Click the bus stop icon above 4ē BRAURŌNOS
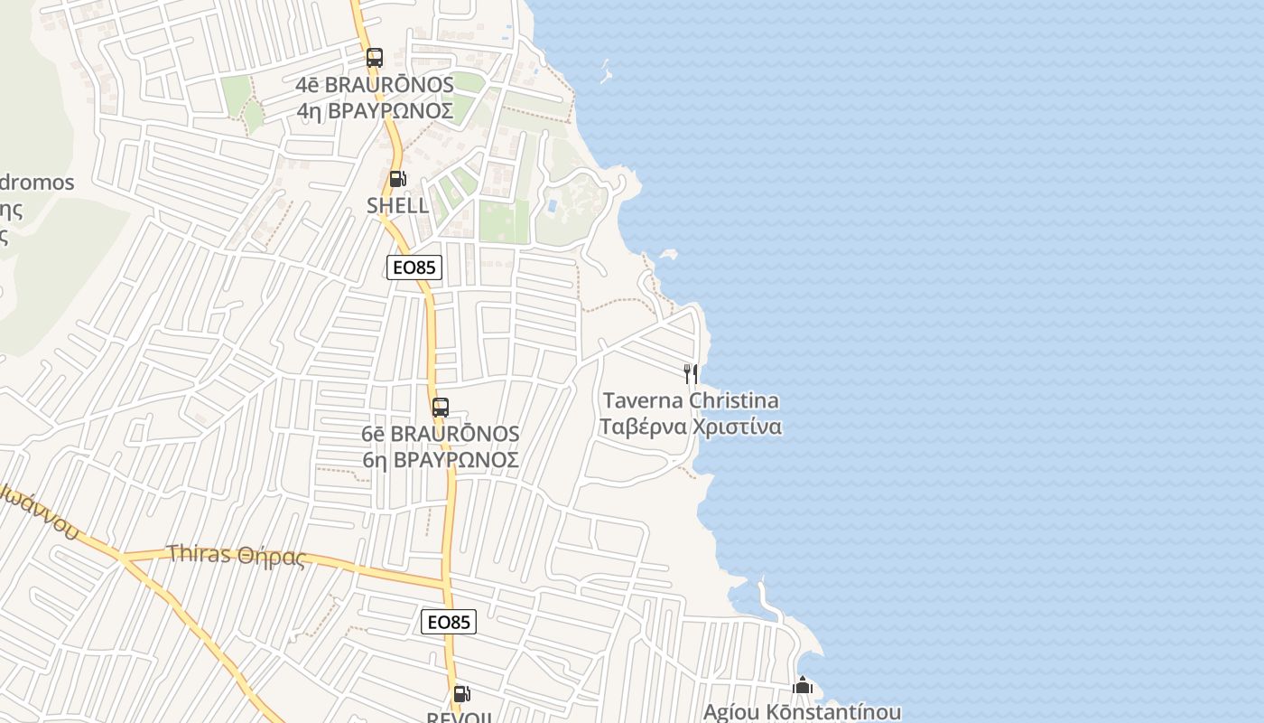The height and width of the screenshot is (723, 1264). coord(375,58)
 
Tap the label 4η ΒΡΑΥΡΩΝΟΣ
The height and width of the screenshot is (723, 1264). coord(375,110)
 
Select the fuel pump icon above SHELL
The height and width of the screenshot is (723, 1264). coord(397,179)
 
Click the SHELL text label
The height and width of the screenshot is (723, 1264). coord(397,205)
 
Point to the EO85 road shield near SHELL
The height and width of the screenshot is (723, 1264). coord(414,268)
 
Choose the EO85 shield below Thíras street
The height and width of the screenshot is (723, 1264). coord(449,622)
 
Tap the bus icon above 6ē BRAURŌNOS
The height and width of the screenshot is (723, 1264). coord(441,407)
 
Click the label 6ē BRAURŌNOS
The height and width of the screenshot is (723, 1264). coord(441,434)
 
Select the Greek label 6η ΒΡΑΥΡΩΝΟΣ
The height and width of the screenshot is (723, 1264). coord(441,460)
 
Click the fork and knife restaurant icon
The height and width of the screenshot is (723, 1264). coord(691,373)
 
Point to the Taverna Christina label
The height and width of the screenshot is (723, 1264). coord(691,400)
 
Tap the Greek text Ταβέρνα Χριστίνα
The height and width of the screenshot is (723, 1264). coord(691,427)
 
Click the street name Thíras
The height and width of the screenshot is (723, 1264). coord(199,554)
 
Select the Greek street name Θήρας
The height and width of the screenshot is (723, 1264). coord(272,557)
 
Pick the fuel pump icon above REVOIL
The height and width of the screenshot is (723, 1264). coord(461,694)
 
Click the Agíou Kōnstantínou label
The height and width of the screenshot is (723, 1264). coord(802,712)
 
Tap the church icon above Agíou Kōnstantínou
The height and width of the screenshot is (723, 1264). coord(803,687)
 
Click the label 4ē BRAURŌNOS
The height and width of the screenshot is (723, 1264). coord(375,84)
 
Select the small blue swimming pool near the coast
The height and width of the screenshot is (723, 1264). coord(552,206)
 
